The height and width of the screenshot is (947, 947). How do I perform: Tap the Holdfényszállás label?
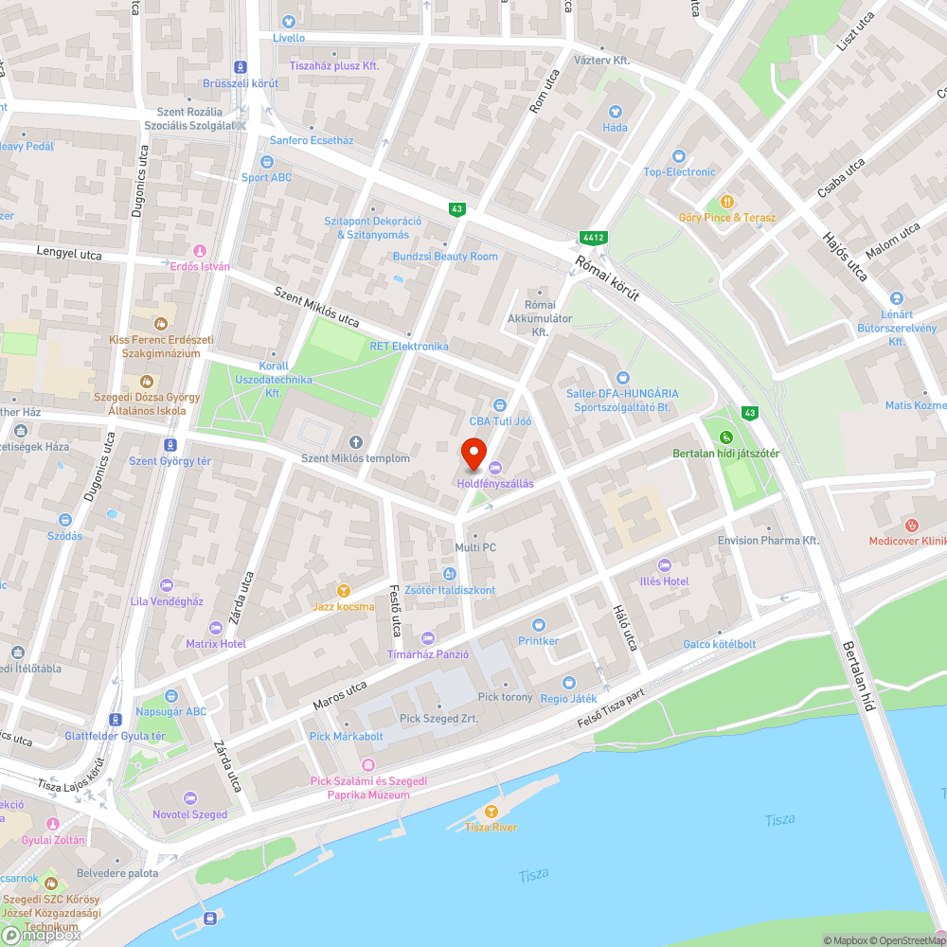495,484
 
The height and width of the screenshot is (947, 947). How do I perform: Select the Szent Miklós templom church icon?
356,442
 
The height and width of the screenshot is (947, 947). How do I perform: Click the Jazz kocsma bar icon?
343,590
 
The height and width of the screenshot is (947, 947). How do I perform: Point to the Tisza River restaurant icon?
491,812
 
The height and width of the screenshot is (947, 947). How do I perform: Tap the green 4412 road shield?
594,237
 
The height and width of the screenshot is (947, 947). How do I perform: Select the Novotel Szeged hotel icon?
189,798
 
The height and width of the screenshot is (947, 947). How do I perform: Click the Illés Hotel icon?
663,565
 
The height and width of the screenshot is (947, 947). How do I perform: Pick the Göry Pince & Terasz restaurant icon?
727,201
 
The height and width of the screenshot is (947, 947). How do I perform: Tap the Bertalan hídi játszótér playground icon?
725,438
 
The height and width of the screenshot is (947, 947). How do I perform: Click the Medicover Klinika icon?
912,525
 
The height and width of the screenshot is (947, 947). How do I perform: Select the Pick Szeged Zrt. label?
438,719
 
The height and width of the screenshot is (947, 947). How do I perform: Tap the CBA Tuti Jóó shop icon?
500,405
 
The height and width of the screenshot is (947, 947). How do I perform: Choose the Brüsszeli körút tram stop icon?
241,67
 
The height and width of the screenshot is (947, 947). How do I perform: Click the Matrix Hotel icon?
215,628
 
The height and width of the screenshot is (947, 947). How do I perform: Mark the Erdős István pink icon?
199,251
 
